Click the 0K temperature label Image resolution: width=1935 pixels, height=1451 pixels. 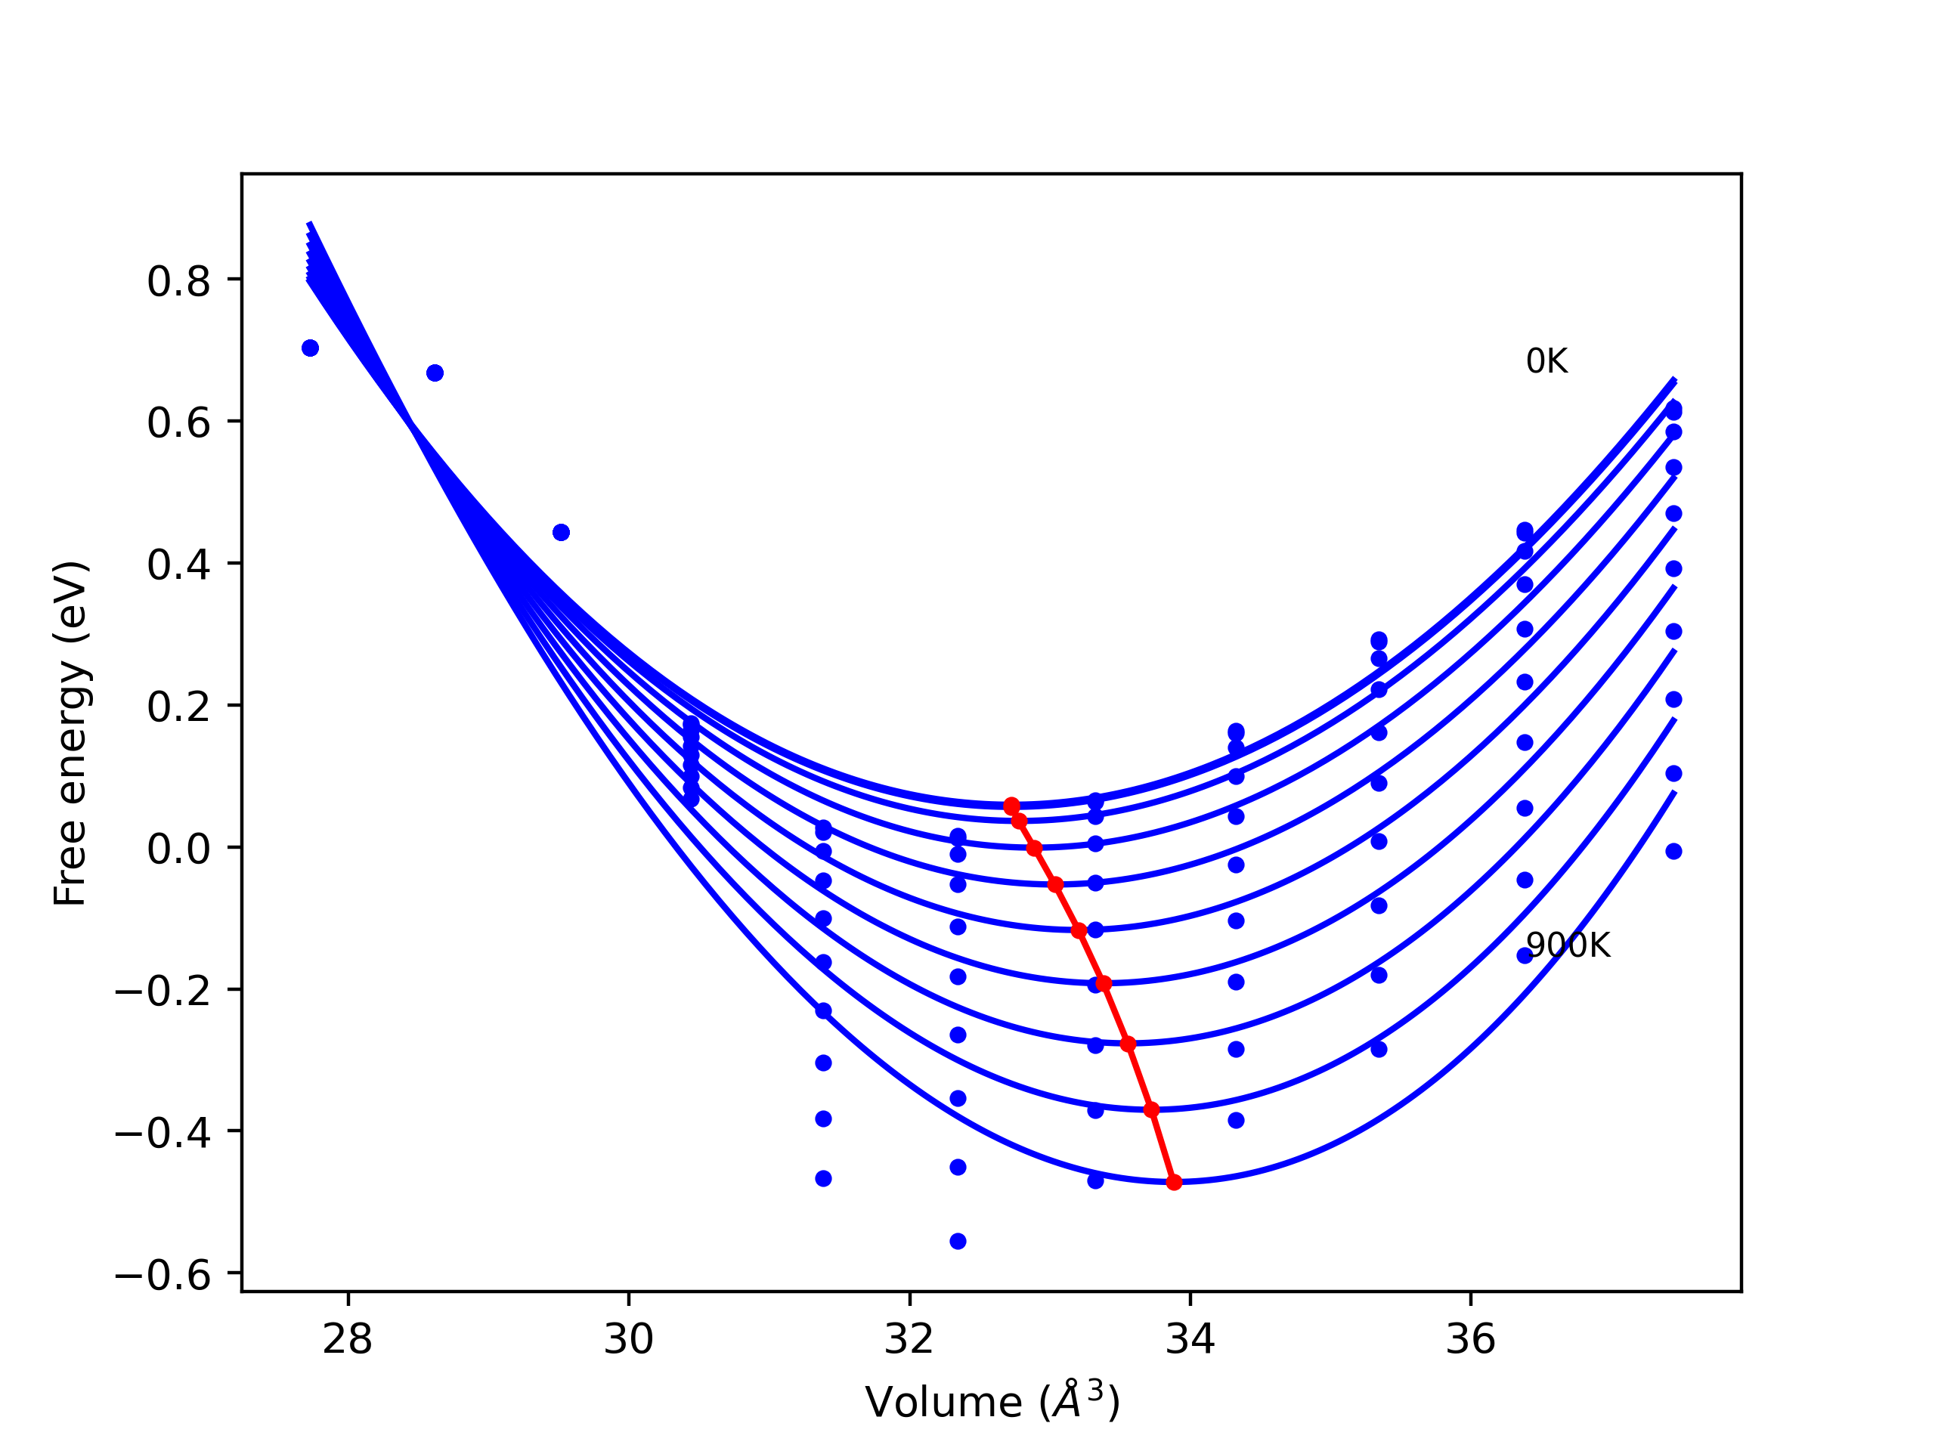[1546, 361]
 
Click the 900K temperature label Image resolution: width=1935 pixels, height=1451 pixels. [1568, 945]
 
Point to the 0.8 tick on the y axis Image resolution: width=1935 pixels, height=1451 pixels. [178, 282]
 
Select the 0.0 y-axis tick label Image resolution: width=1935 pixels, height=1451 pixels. [178, 849]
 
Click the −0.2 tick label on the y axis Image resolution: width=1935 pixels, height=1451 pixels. [163, 992]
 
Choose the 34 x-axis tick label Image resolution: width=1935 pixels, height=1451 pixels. [1190, 1340]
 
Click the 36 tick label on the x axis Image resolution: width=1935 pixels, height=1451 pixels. [1470, 1340]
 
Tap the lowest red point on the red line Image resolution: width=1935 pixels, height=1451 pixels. [1174, 1183]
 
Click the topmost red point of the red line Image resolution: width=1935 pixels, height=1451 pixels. [1011, 806]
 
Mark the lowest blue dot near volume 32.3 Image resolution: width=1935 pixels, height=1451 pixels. [958, 1242]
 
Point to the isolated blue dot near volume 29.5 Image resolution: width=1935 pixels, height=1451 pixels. [562, 533]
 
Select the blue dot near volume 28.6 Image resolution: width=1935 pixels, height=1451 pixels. [435, 373]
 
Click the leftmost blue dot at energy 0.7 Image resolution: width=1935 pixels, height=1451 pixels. [310, 348]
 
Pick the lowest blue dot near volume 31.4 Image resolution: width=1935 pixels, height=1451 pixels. [823, 1179]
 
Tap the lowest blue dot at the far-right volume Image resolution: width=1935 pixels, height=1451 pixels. [1673, 852]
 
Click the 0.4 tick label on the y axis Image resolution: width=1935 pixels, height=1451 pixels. [178, 566]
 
